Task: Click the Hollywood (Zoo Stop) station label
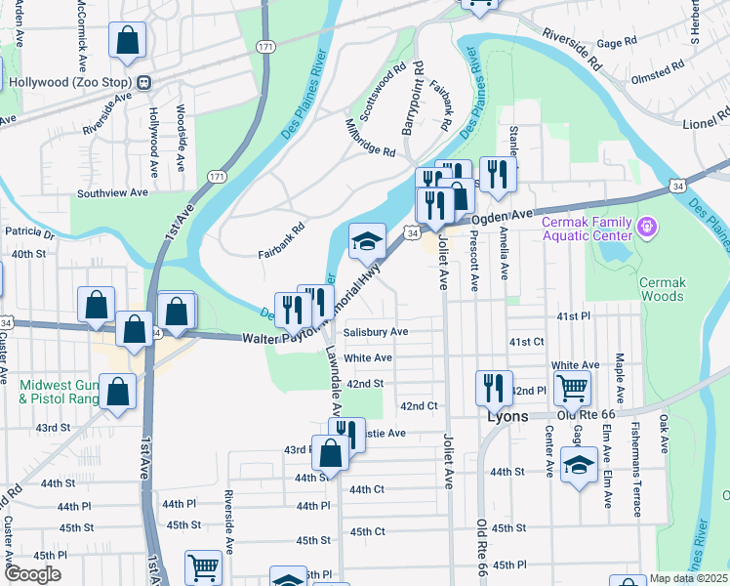pos(70,82)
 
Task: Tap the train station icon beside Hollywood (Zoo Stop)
pos(143,82)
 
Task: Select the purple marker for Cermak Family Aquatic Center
pos(645,229)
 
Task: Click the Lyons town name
pos(507,416)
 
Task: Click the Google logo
pos(31,574)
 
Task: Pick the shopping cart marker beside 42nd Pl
pos(572,387)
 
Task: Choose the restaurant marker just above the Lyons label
pos(494,387)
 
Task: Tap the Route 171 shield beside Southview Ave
pos(216,176)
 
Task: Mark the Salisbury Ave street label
pos(375,332)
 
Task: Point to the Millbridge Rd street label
pos(371,140)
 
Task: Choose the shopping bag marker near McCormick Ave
pos(128,40)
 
